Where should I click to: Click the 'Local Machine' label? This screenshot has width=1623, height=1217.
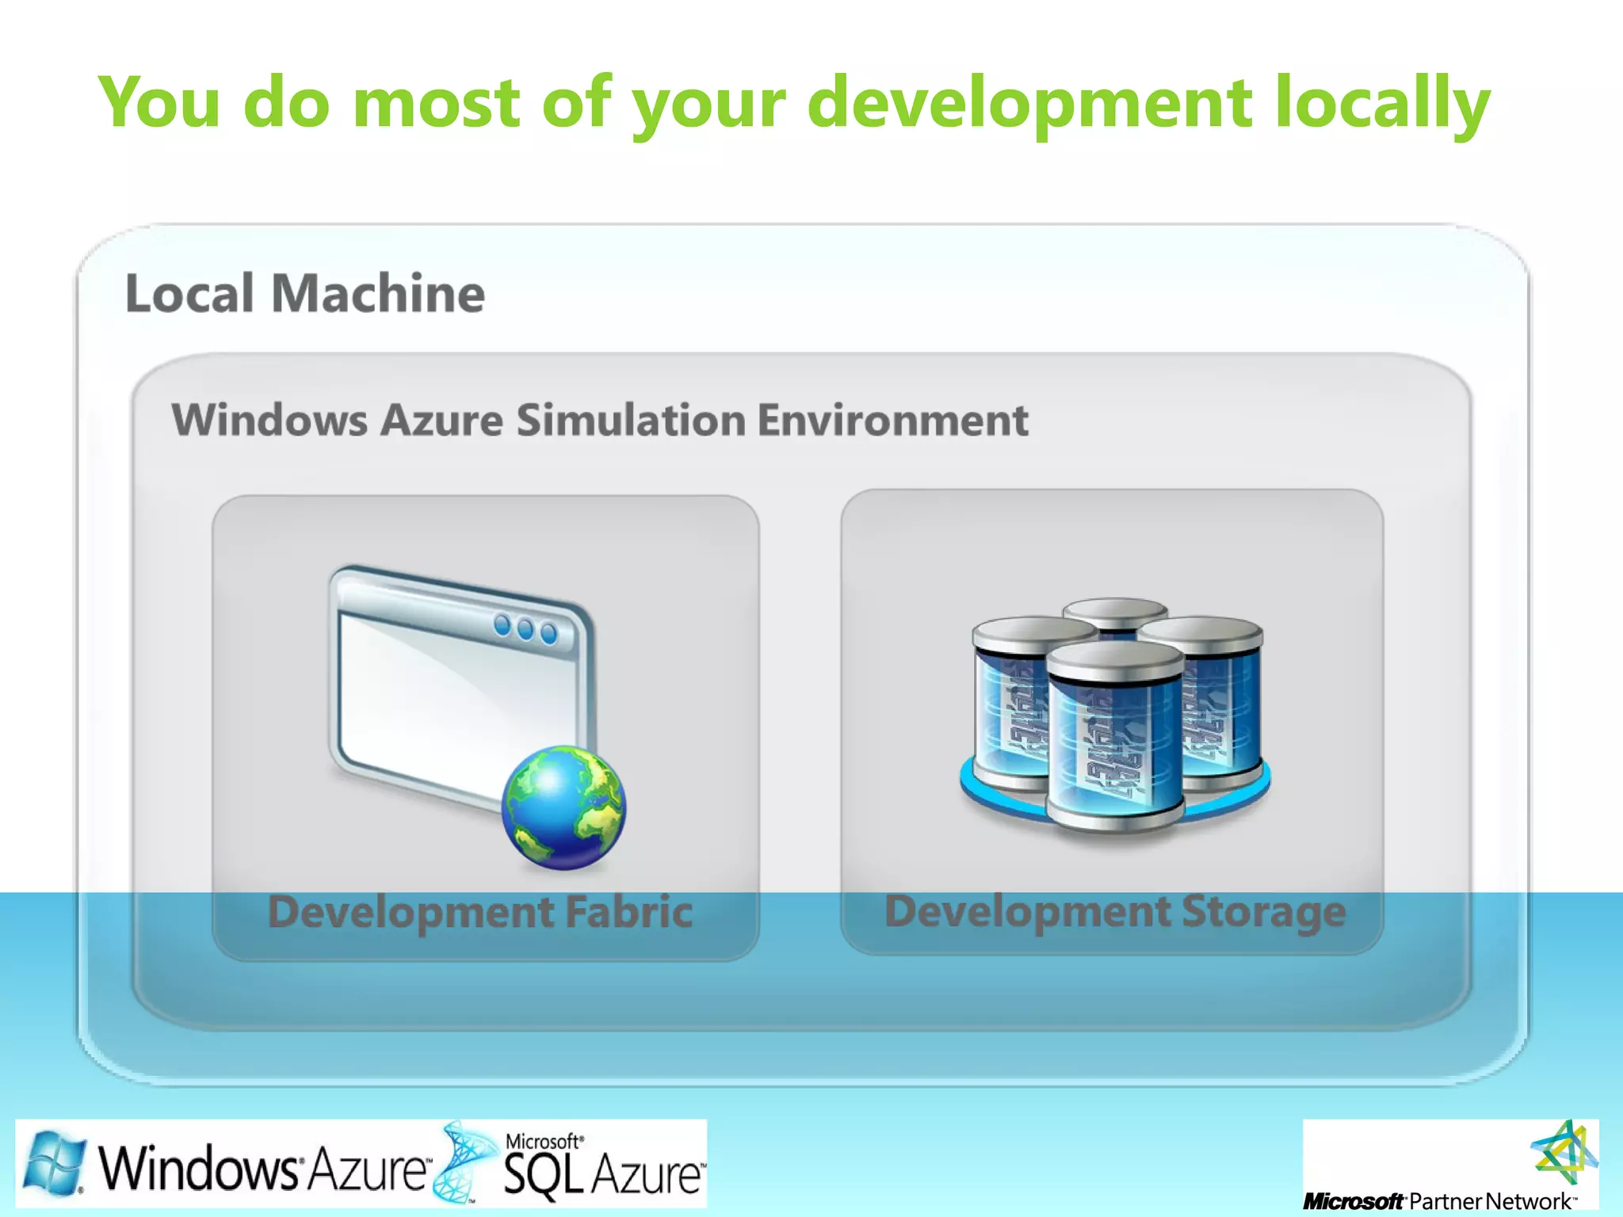point(305,293)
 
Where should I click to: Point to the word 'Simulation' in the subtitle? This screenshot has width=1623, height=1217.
point(631,419)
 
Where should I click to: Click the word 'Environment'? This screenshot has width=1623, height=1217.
point(892,419)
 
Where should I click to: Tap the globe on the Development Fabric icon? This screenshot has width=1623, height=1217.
point(563,807)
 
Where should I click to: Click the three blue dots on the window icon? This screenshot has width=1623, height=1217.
point(525,629)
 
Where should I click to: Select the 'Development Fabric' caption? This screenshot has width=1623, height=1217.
point(480,911)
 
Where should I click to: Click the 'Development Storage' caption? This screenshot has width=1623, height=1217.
point(1115,911)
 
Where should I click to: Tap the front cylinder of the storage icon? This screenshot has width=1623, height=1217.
point(1115,737)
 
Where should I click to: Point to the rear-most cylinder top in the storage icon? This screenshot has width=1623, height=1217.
point(1115,610)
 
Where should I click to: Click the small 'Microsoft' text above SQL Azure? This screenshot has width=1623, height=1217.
point(544,1141)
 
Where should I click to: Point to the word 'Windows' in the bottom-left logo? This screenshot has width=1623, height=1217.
point(198,1168)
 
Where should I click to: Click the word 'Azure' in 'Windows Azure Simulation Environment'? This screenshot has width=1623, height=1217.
point(441,419)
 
